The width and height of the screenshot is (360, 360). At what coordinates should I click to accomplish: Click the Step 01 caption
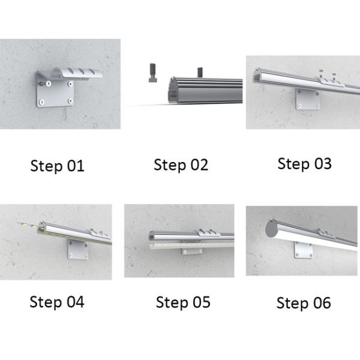58,166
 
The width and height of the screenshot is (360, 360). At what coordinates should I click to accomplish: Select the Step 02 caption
181,165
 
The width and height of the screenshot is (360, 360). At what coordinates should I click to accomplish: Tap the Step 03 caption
304,164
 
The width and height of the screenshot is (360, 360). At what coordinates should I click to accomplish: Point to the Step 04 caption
57,302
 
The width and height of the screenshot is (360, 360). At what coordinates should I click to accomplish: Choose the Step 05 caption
183,302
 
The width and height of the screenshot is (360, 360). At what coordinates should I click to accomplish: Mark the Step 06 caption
304,303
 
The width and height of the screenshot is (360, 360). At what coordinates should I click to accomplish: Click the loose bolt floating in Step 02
153,73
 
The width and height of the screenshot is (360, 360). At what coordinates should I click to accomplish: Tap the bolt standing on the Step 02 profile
200,72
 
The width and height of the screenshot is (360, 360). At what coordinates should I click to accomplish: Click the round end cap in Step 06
271,228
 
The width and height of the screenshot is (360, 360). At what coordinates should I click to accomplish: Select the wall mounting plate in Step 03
308,99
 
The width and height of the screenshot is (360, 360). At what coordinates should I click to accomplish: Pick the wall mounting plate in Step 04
78,250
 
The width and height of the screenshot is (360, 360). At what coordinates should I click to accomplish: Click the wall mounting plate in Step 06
303,250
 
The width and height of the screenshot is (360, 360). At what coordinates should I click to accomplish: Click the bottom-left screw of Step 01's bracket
42,102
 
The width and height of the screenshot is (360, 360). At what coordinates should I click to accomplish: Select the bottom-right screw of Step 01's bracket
71,101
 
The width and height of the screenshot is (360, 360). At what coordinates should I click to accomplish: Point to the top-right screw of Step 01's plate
70,84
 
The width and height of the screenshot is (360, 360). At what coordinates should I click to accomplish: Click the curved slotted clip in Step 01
76,73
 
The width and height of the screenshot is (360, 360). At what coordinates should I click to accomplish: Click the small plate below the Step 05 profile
192,251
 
